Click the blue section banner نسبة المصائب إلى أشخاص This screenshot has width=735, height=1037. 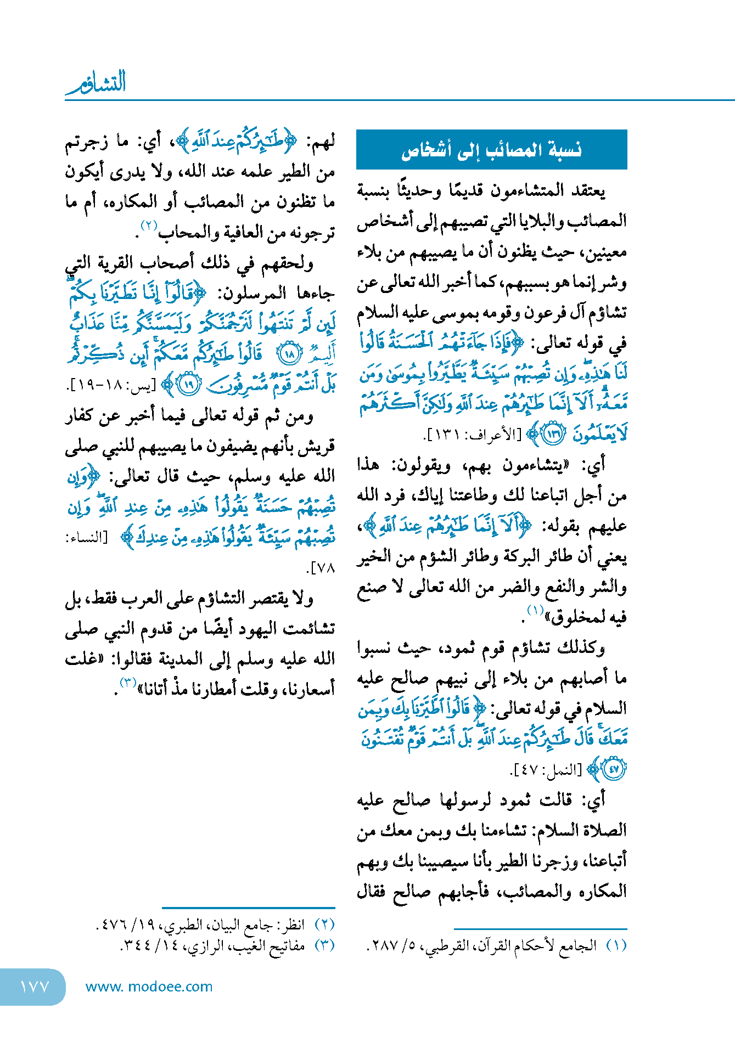(x=491, y=150)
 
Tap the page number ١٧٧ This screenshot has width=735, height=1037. (x=34, y=987)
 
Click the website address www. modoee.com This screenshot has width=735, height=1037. (x=149, y=987)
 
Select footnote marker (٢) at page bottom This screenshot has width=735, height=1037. (x=324, y=924)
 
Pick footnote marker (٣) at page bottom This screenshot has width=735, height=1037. (x=324, y=945)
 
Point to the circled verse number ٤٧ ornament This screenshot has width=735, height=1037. (x=613, y=769)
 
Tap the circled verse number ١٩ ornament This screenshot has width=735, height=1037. (x=189, y=385)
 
